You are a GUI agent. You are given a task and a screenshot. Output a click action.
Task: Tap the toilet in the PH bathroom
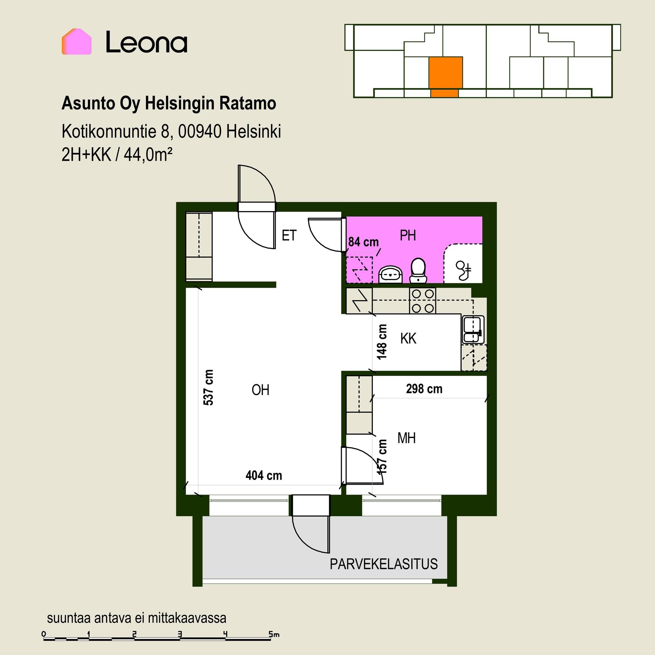pyautogui.click(x=418, y=271)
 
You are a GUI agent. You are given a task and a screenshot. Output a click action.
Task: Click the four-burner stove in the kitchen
pyautogui.click(x=423, y=301)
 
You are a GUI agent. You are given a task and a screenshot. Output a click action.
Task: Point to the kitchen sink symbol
pyautogui.click(x=473, y=330)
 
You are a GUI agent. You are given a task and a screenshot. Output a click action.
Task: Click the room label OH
pyautogui.click(x=260, y=390)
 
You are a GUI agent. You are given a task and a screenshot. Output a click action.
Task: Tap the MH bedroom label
pyautogui.click(x=406, y=438)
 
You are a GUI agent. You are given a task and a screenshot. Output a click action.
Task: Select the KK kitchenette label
pyautogui.click(x=408, y=339)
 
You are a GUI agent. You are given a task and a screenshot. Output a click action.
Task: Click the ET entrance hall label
pyautogui.click(x=289, y=235)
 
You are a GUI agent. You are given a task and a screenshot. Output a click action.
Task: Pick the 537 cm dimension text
pyautogui.click(x=208, y=388)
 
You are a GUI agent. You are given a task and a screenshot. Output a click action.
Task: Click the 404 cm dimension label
pyautogui.click(x=264, y=476)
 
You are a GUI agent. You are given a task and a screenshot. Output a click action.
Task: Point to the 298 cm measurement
pyautogui.click(x=424, y=389)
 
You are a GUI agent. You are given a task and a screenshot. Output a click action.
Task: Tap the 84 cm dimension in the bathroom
pyautogui.click(x=363, y=242)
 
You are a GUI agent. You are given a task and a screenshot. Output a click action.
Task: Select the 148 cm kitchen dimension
pyautogui.click(x=382, y=342)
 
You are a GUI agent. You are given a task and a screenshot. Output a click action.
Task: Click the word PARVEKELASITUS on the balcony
pyautogui.click(x=383, y=564)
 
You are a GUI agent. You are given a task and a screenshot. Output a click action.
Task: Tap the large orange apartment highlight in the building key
pyautogui.click(x=446, y=73)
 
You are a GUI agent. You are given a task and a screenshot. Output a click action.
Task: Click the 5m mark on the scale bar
pyautogui.click(x=274, y=634)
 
